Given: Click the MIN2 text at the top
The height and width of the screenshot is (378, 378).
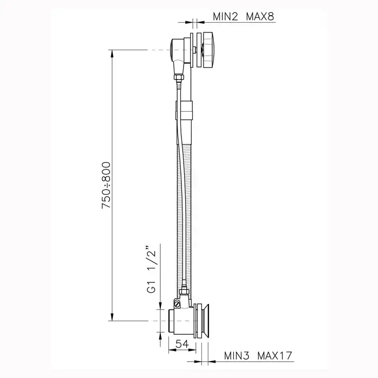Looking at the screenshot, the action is click(x=225, y=17).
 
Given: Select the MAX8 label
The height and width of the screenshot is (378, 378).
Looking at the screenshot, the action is click(x=260, y=17).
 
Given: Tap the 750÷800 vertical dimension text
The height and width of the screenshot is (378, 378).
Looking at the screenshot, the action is click(x=106, y=185).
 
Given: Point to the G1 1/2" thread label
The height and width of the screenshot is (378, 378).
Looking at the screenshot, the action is click(x=151, y=269).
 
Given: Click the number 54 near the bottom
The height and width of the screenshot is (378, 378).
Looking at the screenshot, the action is click(x=182, y=344).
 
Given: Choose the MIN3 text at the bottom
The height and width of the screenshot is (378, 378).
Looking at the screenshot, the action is click(x=237, y=355).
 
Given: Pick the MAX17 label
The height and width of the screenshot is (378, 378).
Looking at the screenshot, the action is click(x=274, y=355).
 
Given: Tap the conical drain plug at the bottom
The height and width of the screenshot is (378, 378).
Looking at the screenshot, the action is click(x=205, y=321).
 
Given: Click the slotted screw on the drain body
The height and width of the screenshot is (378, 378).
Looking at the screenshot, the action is click(x=177, y=303).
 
